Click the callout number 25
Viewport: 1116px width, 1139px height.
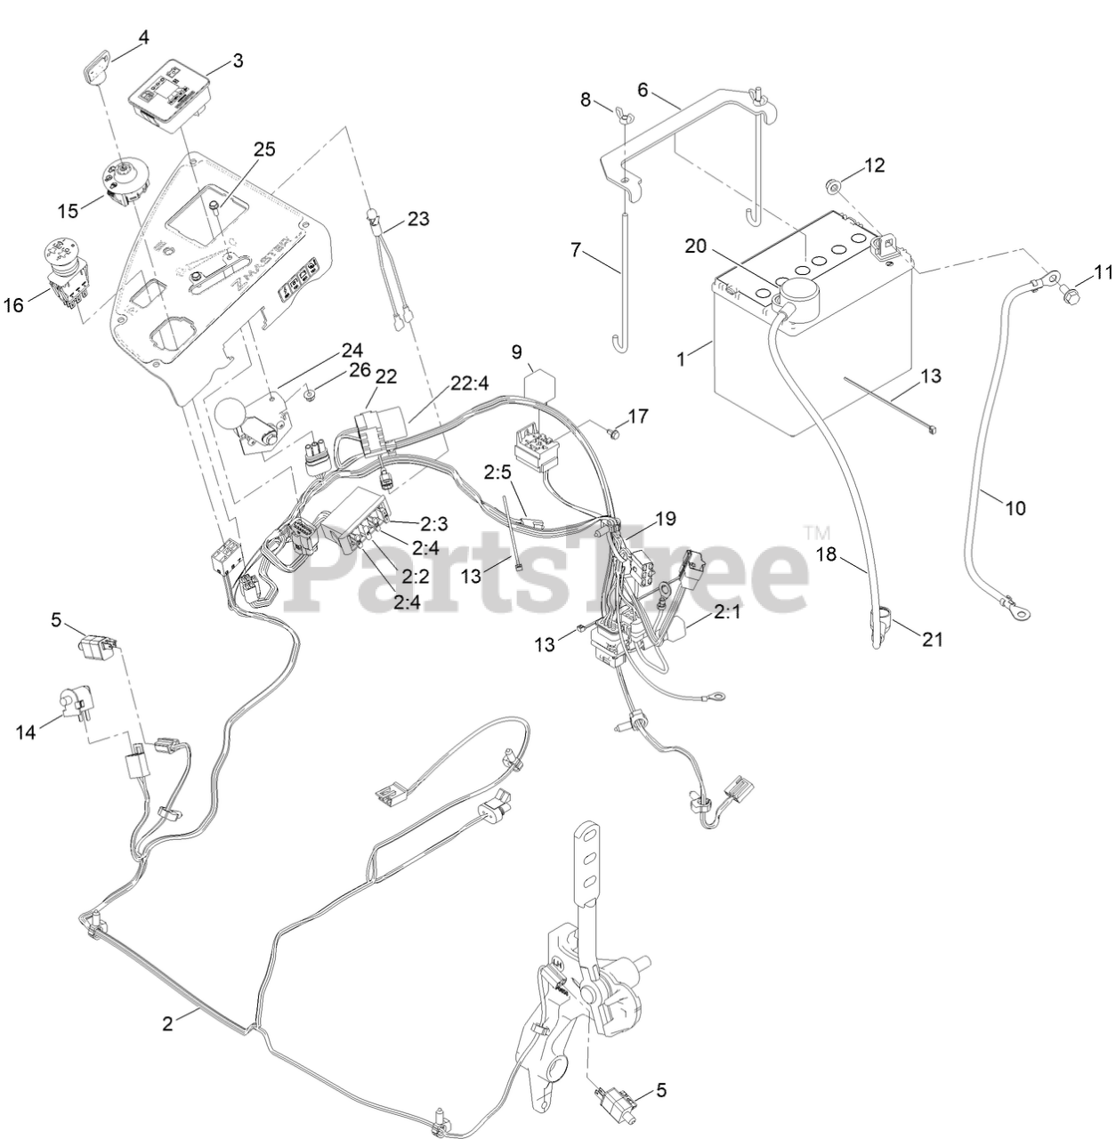pos(239,148)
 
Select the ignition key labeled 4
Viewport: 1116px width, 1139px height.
pos(96,67)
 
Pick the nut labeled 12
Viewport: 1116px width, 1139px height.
pos(834,186)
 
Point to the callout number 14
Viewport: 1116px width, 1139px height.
pos(26,731)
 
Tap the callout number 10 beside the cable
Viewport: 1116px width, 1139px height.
pos(1015,508)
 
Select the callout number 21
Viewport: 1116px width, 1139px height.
pos(932,638)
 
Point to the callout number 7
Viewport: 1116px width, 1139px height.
pos(578,252)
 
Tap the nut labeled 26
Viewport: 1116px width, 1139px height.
pos(309,392)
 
